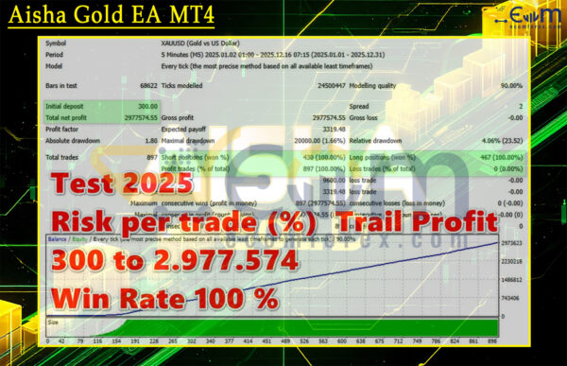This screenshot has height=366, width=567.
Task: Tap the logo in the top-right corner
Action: [518, 20]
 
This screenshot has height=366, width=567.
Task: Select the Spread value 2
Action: [519, 106]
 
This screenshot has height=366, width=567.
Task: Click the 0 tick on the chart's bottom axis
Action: [42, 341]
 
